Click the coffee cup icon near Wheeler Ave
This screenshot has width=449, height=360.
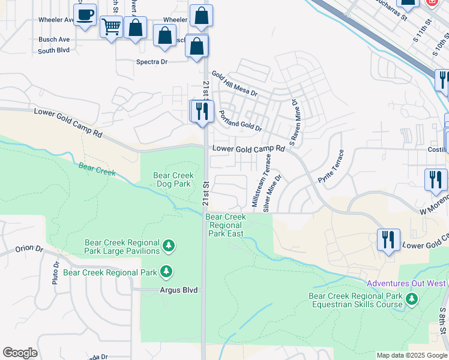tap(85, 14)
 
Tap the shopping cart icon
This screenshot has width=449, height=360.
tap(112, 26)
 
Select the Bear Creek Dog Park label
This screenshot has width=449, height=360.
tap(174, 180)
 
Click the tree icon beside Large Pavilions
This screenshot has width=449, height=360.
tap(169, 246)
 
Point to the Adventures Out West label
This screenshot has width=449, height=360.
tap(406, 283)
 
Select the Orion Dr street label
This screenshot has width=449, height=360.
tap(30, 248)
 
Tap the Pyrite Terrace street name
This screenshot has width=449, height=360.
tap(334, 168)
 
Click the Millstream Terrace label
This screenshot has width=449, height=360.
tap(261, 181)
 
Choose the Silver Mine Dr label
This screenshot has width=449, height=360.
tap(272, 192)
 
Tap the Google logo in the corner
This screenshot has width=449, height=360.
tap(20, 353)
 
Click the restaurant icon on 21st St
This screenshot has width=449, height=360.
tap(202, 112)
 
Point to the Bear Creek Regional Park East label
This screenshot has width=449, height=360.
tap(226, 225)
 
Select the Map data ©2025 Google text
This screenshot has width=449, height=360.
tap(411, 355)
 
